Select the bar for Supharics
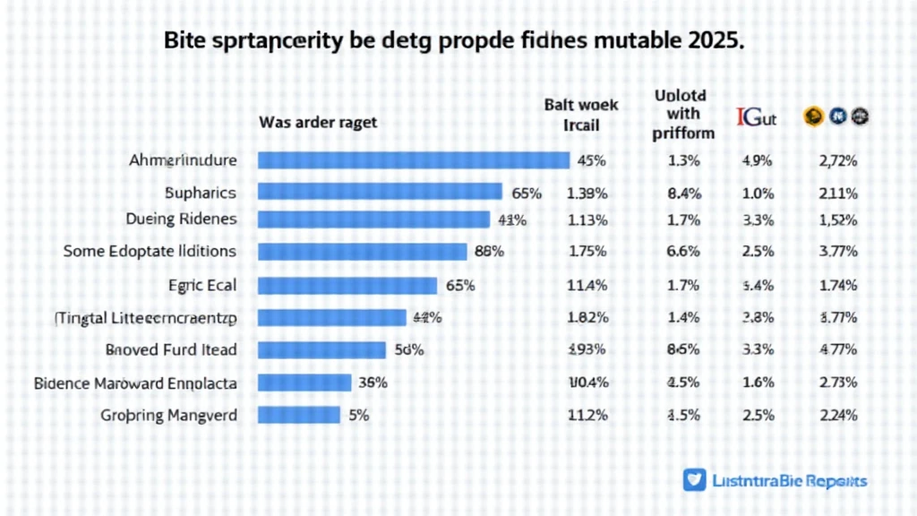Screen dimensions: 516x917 [380, 192]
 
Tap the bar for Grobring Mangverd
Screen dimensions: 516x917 [299, 415]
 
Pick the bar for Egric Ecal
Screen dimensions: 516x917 [347, 286]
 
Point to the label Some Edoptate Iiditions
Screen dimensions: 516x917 [150, 251]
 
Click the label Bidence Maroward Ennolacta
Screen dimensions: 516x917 [136, 383]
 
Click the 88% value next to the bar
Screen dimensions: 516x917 [489, 252]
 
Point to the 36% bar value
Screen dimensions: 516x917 [373, 383]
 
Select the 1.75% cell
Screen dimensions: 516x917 [588, 252]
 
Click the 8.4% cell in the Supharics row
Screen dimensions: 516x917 [684, 193]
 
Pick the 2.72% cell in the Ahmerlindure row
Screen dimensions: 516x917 [838, 161]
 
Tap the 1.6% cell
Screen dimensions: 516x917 [758, 383]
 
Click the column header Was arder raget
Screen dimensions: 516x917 [318, 123]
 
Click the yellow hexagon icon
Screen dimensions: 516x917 [813, 115]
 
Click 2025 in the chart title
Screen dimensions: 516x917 [713, 41]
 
